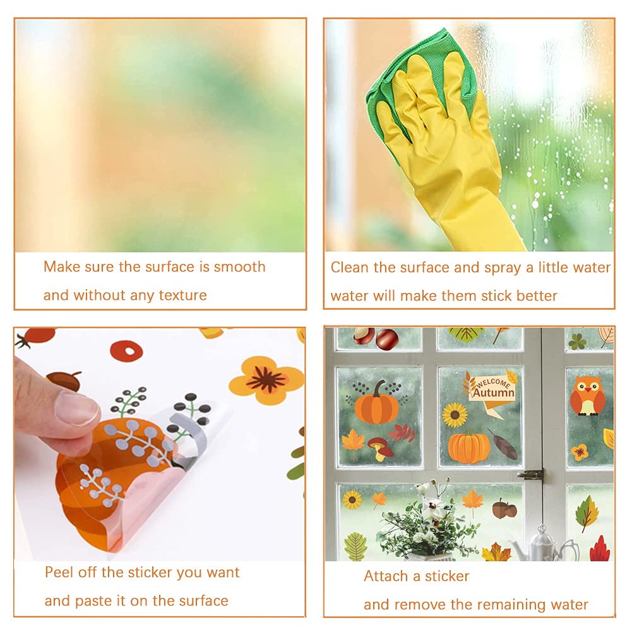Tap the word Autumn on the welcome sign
pyautogui.click(x=494, y=393)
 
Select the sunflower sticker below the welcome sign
pyautogui.click(x=455, y=415)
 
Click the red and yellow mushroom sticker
pyautogui.click(x=380, y=446)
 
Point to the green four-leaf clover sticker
pyautogui.click(x=577, y=342)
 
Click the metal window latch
pyautogui.click(x=531, y=474)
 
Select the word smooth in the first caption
pyautogui.click(x=239, y=266)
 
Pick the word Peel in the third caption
pyautogui.click(x=59, y=573)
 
